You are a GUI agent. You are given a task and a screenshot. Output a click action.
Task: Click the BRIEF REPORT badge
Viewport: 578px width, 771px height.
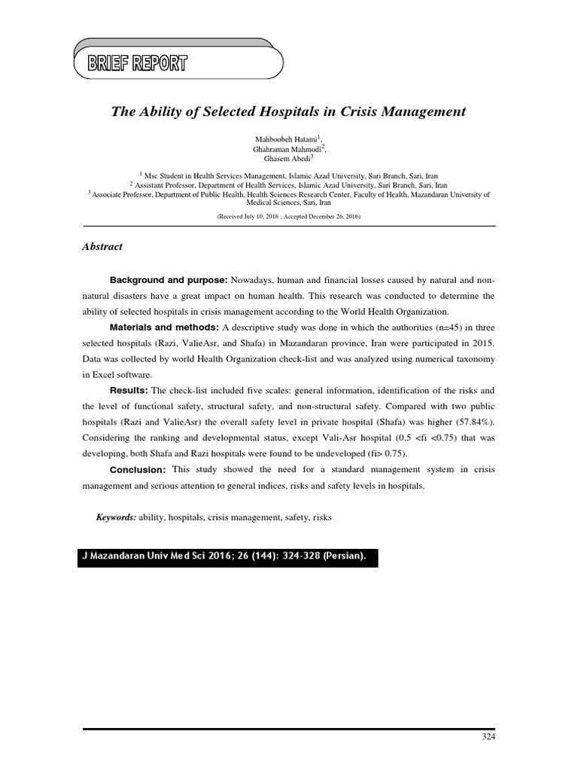138,63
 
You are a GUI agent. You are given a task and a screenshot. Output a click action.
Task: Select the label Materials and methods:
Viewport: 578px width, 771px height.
164,328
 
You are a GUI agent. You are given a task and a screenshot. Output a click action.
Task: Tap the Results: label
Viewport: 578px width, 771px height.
129,391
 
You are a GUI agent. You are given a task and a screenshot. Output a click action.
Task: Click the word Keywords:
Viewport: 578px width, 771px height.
115,518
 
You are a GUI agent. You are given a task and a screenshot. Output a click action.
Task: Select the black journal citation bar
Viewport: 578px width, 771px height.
227,556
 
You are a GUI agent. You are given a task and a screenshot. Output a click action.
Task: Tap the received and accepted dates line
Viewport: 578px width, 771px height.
289,216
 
